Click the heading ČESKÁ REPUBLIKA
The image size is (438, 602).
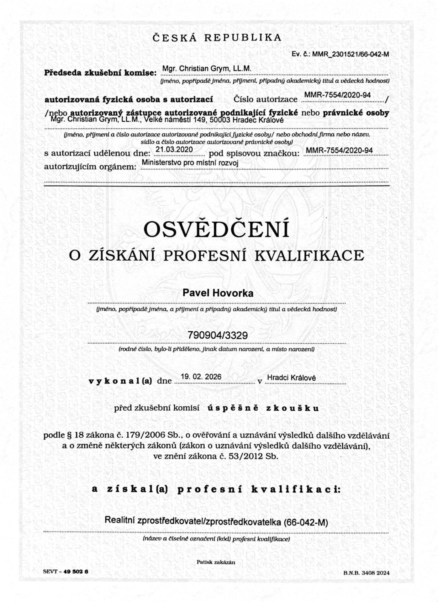tap(217, 38)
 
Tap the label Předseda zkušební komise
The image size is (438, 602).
tap(100, 73)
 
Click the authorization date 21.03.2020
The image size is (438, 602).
tap(174, 150)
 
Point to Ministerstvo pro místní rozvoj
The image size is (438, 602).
tap(190, 163)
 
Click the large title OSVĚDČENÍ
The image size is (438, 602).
tap(216, 230)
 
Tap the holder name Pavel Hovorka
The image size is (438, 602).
tap(218, 293)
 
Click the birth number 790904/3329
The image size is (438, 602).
tap(217, 335)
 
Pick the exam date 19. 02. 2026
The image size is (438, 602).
tap(201, 377)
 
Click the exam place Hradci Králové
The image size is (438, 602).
tap(291, 378)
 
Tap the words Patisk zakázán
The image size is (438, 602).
tap(216, 562)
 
